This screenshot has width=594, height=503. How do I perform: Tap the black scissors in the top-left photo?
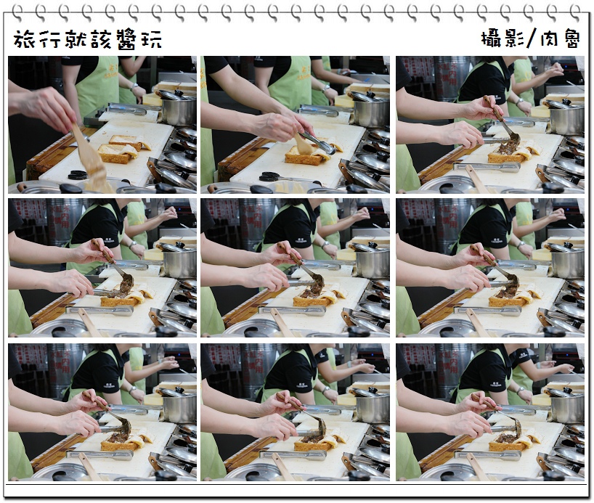pyautogui.click(x=78, y=175)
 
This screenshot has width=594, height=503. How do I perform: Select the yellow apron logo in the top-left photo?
pyautogui.click(x=102, y=72)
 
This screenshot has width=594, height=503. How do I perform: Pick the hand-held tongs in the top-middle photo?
pyautogui.click(x=317, y=142)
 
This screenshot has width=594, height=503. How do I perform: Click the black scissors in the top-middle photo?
pyautogui.click(x=269, y=176)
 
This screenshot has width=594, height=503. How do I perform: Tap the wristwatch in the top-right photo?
pyautogui.click(x=519, y=102)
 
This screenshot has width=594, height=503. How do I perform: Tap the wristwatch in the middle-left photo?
pyautogui.click(x=132, y=245)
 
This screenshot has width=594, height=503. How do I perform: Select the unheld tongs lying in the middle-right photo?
pyautogui.click(x=487, y=311)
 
